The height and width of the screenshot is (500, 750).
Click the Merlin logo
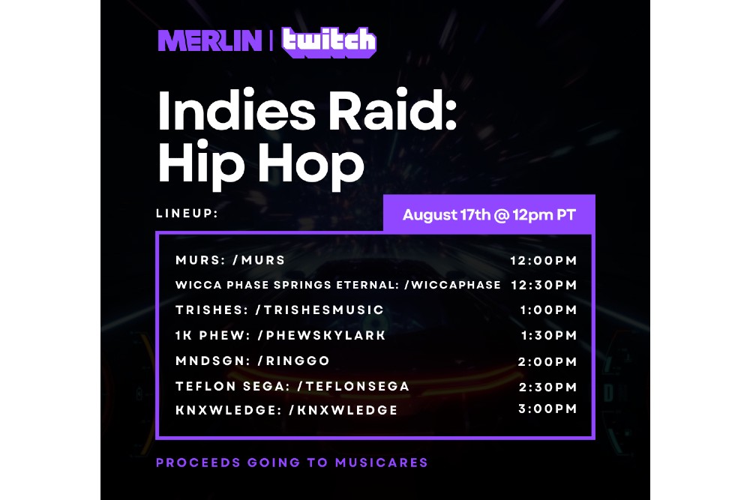[210, 40]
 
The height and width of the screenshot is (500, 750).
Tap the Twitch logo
[329, 42]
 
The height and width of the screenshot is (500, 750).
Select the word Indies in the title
[236, 110]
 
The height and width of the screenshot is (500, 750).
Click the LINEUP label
[187, 213]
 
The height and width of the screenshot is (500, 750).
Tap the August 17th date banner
[489, 214]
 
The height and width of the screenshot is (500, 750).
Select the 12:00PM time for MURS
[543, 261]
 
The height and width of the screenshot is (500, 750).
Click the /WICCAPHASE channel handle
[452, 285]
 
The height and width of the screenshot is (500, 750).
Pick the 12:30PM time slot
[544, 286]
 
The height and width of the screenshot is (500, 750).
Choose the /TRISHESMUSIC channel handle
[319, 310]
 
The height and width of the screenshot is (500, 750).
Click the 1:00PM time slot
[549, 310]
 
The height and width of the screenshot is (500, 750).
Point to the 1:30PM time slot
[549, 336]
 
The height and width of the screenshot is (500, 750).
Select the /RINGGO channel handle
[294, 361]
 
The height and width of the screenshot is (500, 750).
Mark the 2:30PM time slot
[547, 388]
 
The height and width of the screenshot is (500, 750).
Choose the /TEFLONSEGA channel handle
[353, 386]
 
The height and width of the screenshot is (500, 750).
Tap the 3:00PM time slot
[547, 409]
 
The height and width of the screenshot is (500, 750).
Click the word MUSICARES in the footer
[382, 463]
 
